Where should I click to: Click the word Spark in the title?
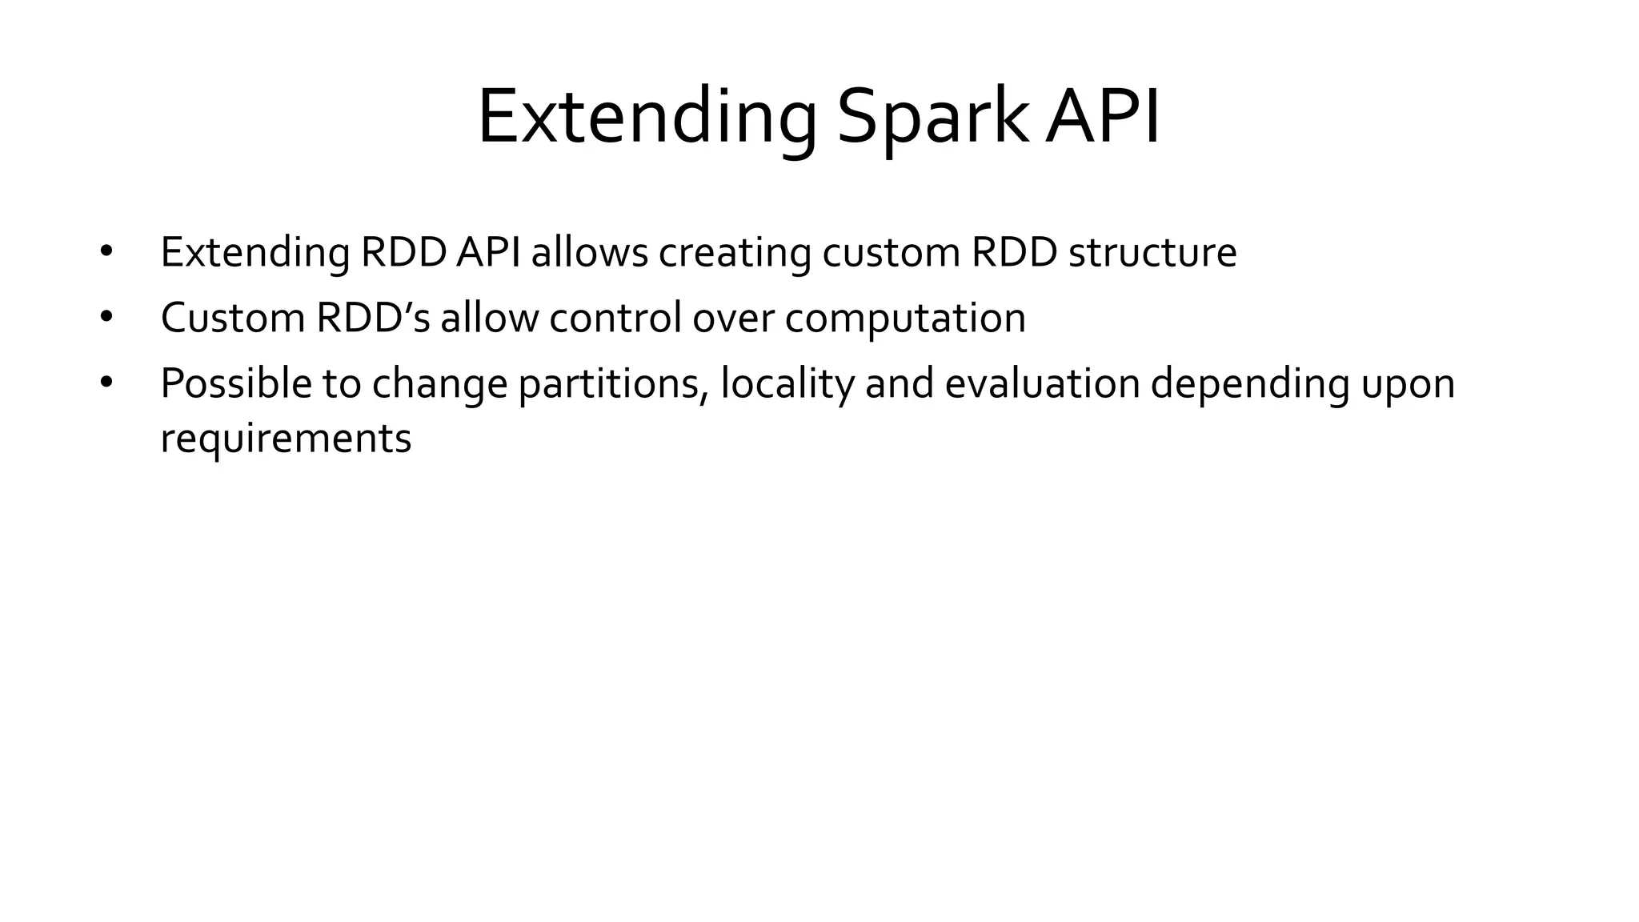click(x=932, y=118)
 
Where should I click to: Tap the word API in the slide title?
click(x=1103, y=118)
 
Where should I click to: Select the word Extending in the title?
click(x=647, y=118)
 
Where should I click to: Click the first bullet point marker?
click(x=106, y=251)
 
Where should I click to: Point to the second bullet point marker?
click(x=106, y=317)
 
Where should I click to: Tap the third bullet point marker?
click(x=106, y=383)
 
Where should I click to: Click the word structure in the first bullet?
click(x=1152, y=252)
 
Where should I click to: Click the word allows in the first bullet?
click(x=589, y=252)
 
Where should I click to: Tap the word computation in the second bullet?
click(x=905, y=318)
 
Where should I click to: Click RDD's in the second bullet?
click(x=373, y=318)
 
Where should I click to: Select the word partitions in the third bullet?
click(x=613, y=383)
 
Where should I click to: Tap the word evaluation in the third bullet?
click(x=1042, y=383)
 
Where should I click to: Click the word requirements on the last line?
click(x=286, y=439)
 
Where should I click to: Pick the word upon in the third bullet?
click(x=1408, y=383)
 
